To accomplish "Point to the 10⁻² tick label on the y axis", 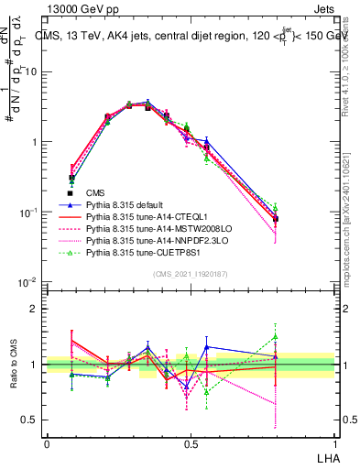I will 29,282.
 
